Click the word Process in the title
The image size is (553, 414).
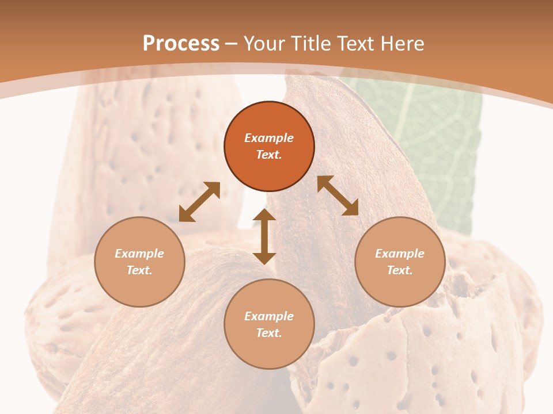(181, 44)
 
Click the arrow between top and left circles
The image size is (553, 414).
(199, 202)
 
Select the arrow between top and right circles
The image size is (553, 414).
(338, 195)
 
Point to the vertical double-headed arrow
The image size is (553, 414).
(264, 236)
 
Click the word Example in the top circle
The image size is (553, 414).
(269, 138)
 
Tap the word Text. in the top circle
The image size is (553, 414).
(269, 155)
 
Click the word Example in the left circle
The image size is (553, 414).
(139, 254)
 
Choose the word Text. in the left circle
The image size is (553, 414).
(139, 270)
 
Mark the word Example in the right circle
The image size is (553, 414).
(400, 254)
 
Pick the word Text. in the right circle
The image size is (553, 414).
(400, 270)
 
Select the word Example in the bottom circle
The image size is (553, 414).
(269, 316)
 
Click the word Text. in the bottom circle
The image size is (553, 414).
(269, 333)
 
